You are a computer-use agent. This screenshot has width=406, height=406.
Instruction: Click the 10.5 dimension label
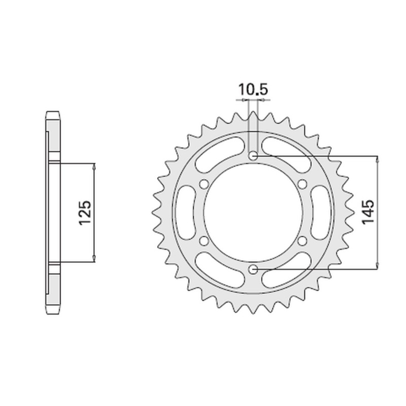click(253, 90)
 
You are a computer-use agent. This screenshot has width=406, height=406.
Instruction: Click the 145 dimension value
click(368, 212)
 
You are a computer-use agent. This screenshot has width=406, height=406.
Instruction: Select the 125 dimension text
click(85, 213)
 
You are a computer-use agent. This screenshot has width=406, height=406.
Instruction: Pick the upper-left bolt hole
click(205, 184)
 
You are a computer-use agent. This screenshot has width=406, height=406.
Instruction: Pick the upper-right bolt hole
click(302, 184)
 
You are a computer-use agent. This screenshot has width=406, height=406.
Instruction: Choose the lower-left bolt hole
click(205, 240)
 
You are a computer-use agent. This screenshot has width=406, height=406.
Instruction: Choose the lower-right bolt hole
click(302, 240)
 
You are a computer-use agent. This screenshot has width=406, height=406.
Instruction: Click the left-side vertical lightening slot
click(185, 212)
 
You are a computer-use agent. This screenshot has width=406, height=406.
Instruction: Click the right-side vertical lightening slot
click(322, 212)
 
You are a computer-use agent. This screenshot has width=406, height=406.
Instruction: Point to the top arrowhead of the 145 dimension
click(378, 159)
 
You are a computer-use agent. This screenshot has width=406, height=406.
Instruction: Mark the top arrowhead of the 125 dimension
click(94, 166)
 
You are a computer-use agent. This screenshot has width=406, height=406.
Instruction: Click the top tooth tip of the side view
click(53, 111)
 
